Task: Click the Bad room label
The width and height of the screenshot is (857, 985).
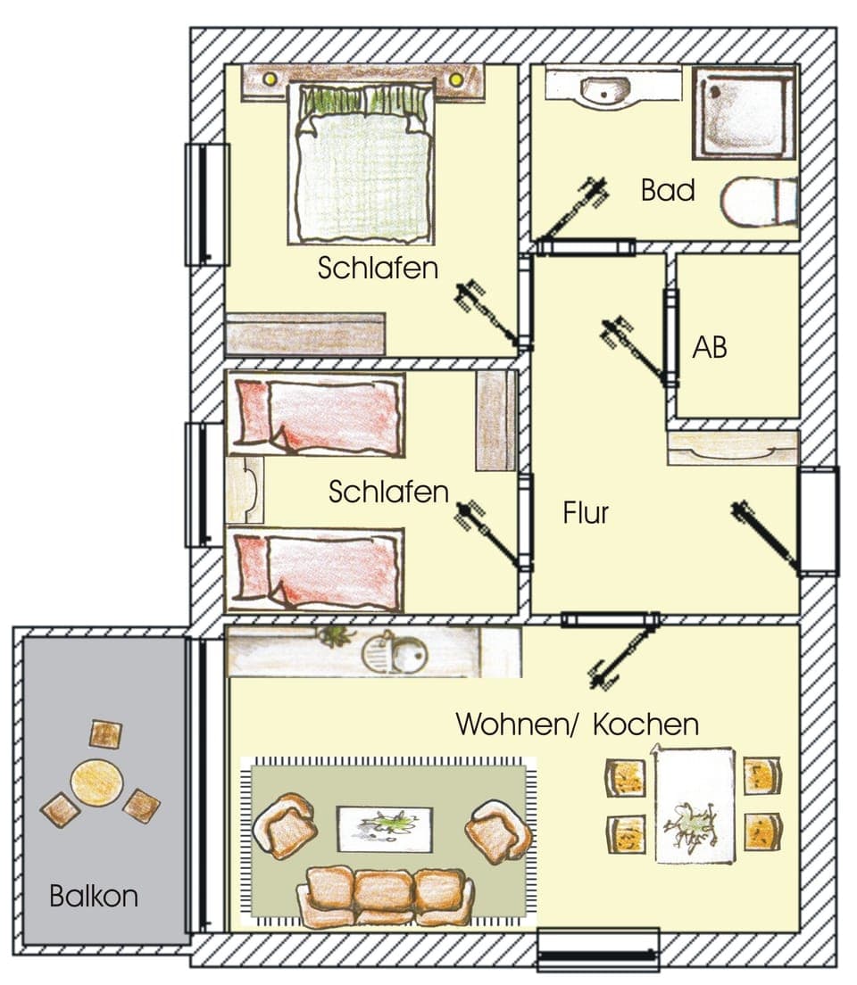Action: pos(668,190)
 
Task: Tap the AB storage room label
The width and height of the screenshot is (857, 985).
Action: pos(710,347)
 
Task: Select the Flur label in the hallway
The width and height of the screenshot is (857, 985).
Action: pos(587,513)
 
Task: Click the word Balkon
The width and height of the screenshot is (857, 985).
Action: pos(94,895)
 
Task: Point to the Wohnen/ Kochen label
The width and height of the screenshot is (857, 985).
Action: pos(577,724)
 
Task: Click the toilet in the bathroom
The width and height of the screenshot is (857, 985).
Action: pos(758,203)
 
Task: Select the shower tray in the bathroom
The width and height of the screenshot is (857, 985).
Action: pos(744,112)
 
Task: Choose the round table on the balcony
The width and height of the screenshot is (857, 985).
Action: pos(96,782)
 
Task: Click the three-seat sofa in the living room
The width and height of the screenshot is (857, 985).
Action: pos(386,895)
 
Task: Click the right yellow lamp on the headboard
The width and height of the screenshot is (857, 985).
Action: pos(456,80)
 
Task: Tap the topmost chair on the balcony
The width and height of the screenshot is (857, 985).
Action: pos(105,734)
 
